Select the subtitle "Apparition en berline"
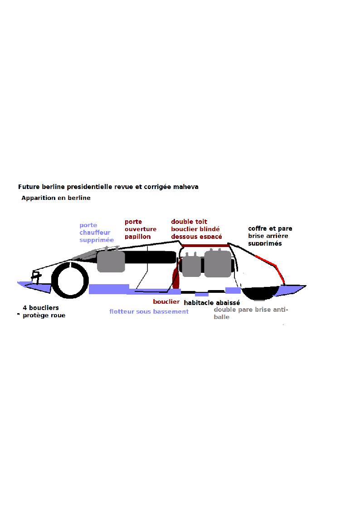pos(56,198)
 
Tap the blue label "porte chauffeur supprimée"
pos(97,233)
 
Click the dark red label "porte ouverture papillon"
pos(140,229)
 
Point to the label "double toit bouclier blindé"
pos(195,225)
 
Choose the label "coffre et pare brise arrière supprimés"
pos(270,236)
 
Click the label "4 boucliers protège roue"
pos(44,312)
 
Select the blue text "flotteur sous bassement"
pos(149,312)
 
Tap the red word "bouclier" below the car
pos(166,301)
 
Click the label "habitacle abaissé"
pos(212,302)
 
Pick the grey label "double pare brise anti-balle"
pos(251,313)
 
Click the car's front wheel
pos(70,280)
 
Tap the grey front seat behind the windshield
pos(111,260)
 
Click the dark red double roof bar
pos(205,245)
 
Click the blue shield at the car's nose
pos(34,287)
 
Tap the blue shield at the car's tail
pos(290,290)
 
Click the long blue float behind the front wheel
pos(109,289)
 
